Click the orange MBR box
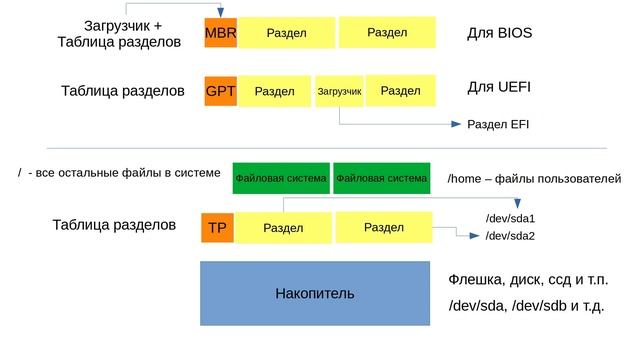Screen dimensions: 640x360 click(220, 32)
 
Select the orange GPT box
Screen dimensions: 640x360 click(220, 91)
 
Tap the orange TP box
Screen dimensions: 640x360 click(217, 228)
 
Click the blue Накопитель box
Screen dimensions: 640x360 click(314, 294)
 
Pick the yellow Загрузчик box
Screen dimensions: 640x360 click(338, 91)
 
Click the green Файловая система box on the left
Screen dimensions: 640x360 click(281, 179)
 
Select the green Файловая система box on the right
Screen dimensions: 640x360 click(381, 179)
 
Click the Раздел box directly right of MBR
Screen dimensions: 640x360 click(286, 32)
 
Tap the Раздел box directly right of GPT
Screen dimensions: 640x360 click(275, 91)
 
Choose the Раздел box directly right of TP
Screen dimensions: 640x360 click(283, 228)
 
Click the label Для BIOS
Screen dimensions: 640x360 click(499, 32)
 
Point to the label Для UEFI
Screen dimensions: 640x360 click(498, 87)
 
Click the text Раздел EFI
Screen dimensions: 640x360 click(498, 125)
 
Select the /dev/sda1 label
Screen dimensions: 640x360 click(510, 218)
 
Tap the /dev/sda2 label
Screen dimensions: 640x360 click(510, 236)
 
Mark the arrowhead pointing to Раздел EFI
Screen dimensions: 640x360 click(453, 125)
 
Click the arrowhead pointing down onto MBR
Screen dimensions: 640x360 click(220, 12)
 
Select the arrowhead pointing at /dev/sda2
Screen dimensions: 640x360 click(475, 236)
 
